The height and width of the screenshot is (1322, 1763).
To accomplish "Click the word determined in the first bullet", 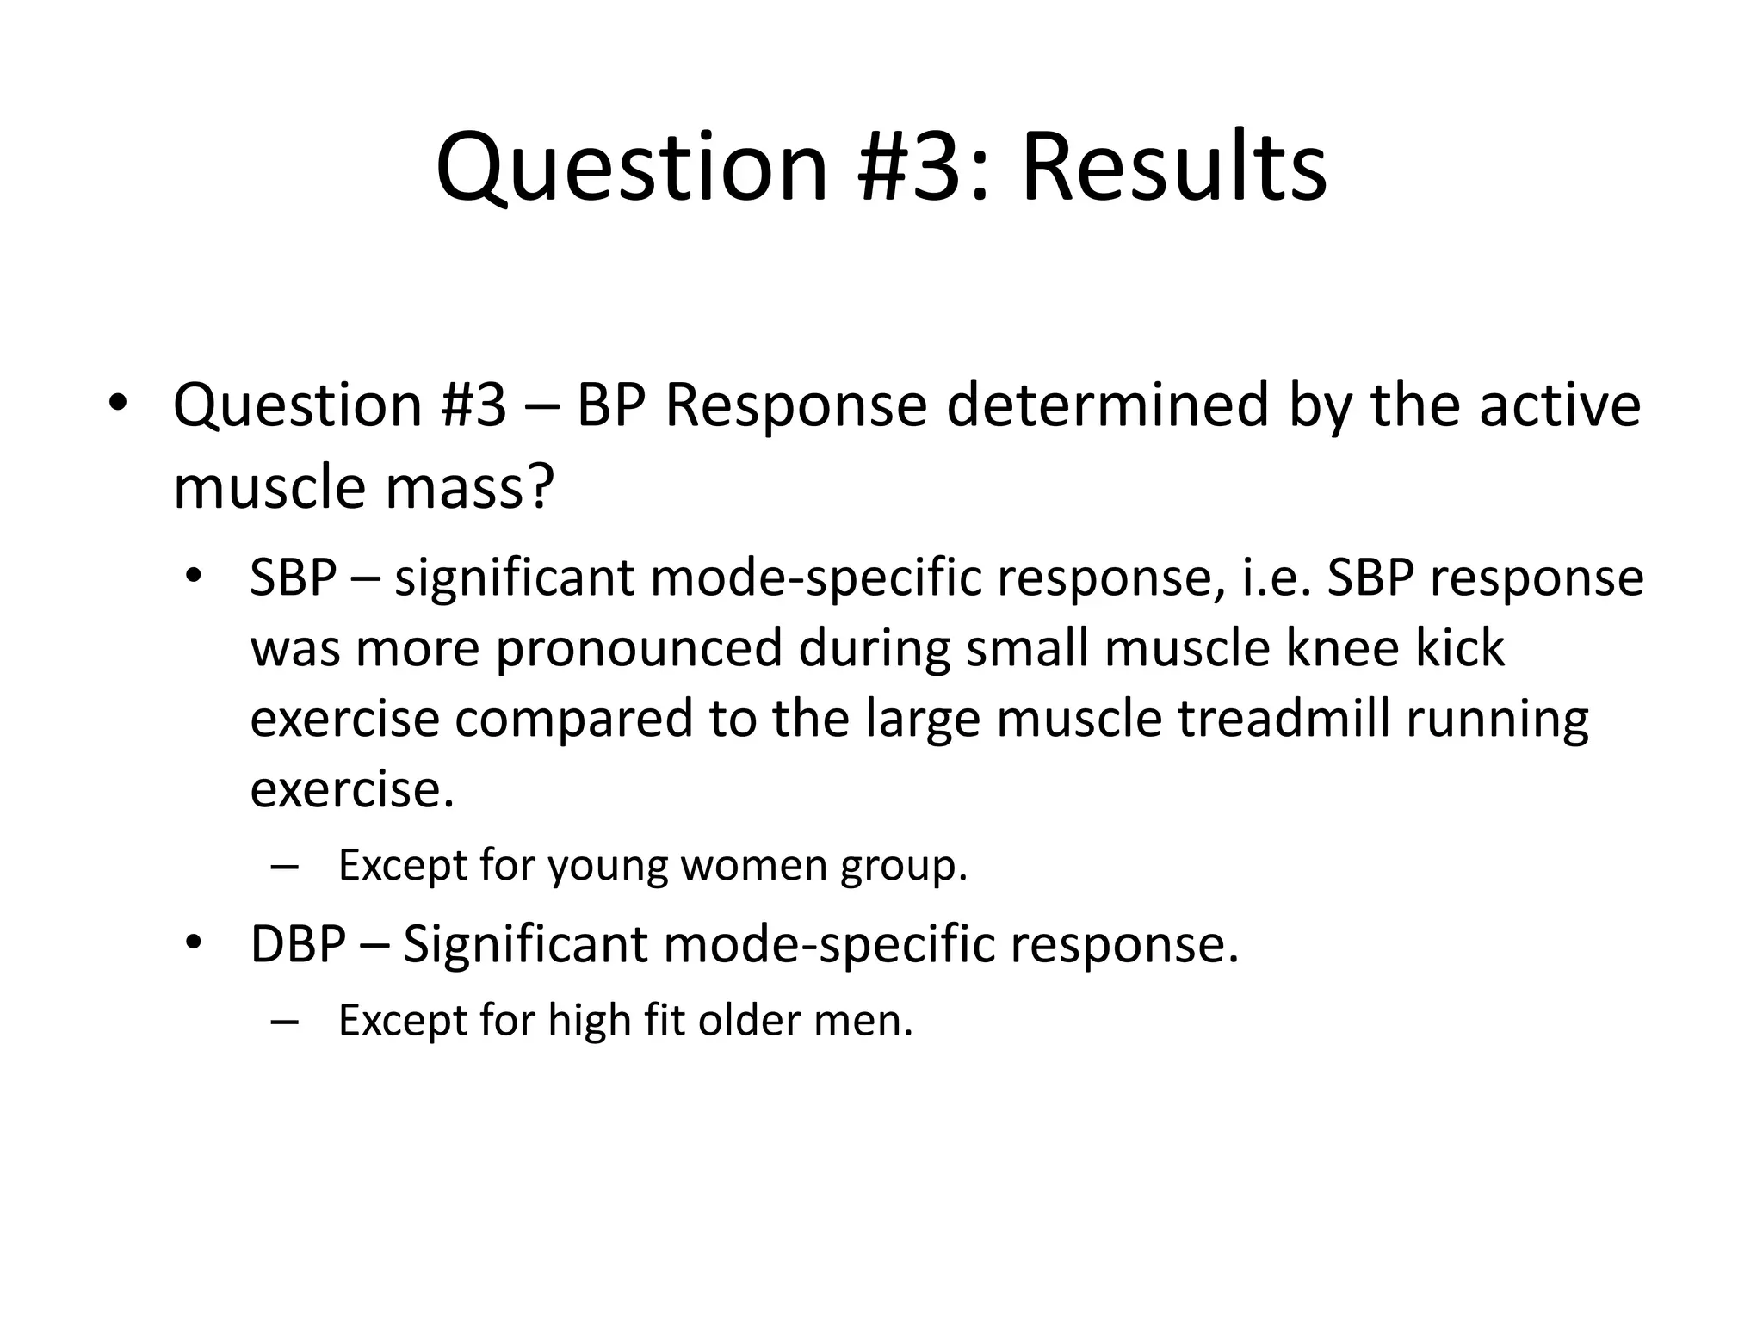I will click(1108, 405).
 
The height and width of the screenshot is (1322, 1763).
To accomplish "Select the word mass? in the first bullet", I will click(468, 486).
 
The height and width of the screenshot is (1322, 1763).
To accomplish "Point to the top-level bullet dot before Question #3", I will click(118, 403).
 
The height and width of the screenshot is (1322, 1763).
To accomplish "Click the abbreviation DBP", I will click(298, 944).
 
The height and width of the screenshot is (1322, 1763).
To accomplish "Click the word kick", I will click(1461, 647).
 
